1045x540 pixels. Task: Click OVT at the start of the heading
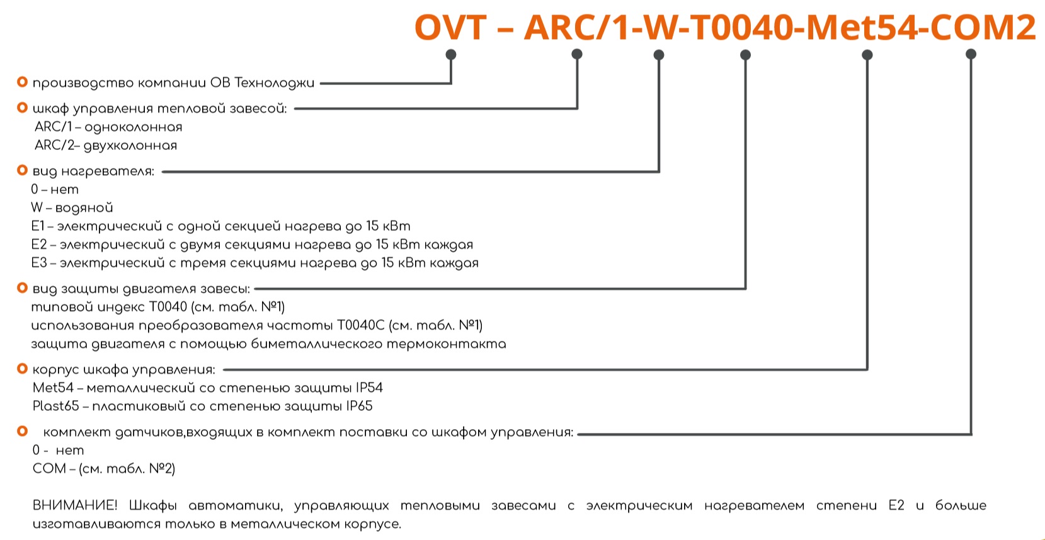(450, 27)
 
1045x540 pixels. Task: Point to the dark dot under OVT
(450, 54)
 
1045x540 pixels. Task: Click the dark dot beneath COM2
(971, 54)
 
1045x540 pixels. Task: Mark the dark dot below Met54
(867, 55)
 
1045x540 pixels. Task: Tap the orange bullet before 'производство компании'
(22, 82)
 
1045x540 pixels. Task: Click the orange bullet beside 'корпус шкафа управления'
(22, 369)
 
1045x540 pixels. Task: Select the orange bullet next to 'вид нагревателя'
(22, 170)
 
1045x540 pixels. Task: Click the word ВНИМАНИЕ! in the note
(74, 505)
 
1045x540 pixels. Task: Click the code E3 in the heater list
(39, 263)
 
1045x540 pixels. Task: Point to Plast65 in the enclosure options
(55, 406)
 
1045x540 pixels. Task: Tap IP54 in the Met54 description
(369, 388)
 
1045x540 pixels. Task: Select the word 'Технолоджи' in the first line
(274, 83)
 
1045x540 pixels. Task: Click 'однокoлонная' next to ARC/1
(134, 127)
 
